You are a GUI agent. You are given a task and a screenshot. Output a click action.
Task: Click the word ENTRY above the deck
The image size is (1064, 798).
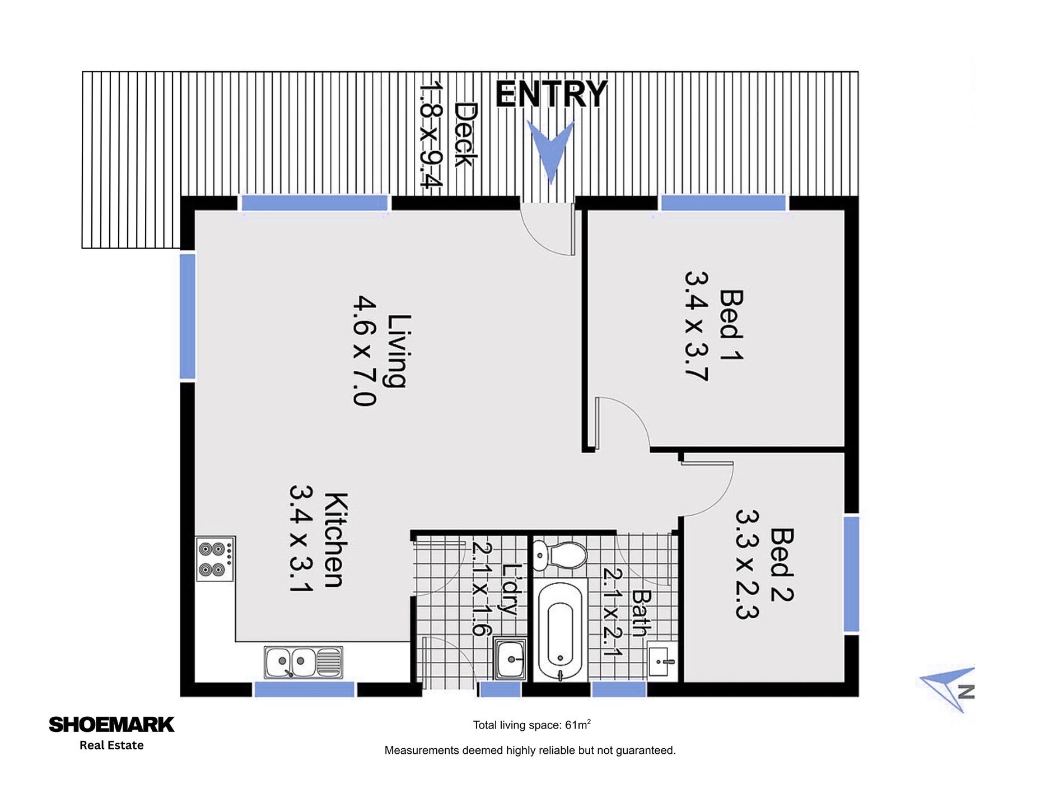(x=551, y=94)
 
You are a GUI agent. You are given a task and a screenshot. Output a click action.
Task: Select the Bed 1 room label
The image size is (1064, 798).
(x=731, y=325)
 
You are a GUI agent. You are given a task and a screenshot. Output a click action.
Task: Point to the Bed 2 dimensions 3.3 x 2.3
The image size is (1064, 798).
(x=747, y=564)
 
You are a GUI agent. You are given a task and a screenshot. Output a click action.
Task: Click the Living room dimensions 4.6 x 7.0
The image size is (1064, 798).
(x=365, y=351)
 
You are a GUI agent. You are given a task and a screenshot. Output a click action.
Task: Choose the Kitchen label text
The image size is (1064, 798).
(x=337, y=540)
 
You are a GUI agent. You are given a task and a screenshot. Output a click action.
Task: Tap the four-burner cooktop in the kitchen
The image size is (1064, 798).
(x=215, y=559)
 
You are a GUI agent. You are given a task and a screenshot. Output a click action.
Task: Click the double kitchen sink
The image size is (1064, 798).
(x=303, y=662)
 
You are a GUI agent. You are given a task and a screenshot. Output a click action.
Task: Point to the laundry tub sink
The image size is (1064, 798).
(x=510, y=659)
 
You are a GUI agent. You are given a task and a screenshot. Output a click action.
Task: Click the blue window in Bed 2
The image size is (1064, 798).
(x=851, y=574)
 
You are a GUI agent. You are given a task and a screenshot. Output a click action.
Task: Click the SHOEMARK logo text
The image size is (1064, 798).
(x=111, y=725)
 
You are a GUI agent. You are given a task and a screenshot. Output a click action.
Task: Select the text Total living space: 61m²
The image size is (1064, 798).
(x=531, y=725)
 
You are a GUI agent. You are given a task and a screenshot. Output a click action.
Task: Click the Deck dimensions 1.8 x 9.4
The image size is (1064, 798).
(x=431, y=134)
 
